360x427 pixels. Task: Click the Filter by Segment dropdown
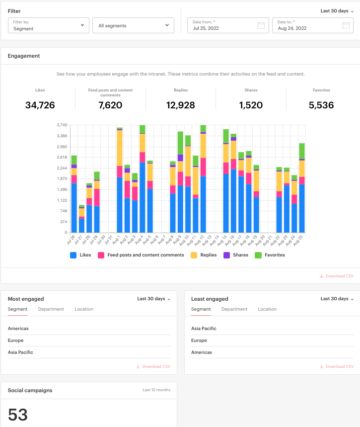(x=48, y=25)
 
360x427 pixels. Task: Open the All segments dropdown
(x=133, y=25)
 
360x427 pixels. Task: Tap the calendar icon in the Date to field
(x=346, y=25)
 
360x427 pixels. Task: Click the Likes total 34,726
(x=40, y=105)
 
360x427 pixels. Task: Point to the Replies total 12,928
(x=181, y=105)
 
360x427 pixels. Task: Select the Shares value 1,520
(x=251, y=105)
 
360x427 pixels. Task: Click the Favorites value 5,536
(x=321, y=105)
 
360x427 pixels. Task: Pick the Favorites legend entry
(x=270, y=255)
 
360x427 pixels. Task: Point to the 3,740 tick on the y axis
(x=62, y=125)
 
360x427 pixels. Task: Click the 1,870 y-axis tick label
(x=62, y=179)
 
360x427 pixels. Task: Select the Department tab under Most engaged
(x=51, y=309)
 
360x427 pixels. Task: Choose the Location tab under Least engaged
(x=267, y=309)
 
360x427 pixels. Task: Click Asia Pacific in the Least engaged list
(x=204, y=329)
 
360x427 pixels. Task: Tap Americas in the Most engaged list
(x=18, y=329)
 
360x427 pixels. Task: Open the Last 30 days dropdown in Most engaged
(x=153, y=299)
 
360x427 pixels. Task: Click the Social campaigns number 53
(x=18, y=415)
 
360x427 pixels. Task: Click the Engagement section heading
(x=24, y=56)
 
